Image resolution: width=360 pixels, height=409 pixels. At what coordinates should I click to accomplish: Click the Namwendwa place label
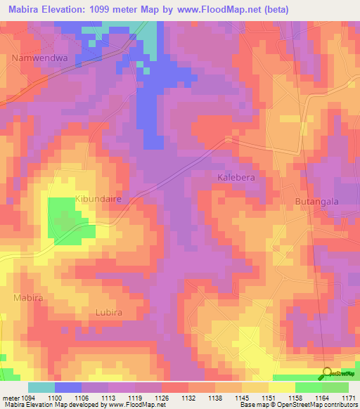39,59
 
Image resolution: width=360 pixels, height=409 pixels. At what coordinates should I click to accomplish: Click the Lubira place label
108,312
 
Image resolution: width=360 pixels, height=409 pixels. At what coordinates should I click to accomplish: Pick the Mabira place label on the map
28,298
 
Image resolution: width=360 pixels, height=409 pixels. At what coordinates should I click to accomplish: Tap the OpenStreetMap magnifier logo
328,373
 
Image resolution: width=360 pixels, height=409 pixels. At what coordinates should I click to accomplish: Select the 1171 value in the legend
349,397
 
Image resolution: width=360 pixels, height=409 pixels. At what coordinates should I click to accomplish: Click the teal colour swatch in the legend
41,387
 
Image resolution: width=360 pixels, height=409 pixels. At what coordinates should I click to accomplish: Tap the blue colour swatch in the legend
68,387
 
